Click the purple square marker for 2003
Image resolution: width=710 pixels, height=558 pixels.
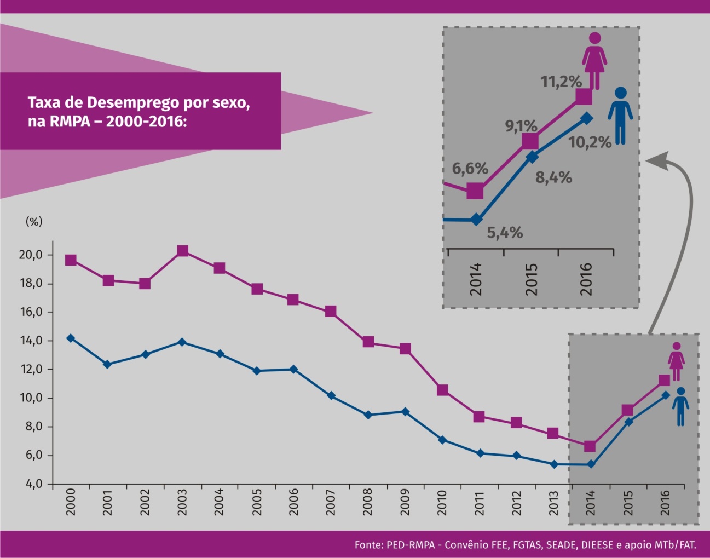pos(182,251)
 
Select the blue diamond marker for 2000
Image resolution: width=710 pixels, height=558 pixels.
pos(71,338)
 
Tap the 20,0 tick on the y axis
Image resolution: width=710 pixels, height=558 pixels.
pos(31,255)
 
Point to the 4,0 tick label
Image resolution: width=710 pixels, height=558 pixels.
pos(31,484)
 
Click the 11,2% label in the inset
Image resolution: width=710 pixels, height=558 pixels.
pos(561,82)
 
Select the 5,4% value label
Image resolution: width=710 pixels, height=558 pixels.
pos(505,233)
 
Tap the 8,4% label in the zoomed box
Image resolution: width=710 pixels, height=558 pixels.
pos(553,177)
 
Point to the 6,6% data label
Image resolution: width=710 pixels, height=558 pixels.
pos(470,169)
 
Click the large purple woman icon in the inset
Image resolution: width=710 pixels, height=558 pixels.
pos(594,60)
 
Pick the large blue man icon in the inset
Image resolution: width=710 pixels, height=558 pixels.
pos(620,116)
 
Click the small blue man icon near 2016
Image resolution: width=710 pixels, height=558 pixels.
pos(680,406)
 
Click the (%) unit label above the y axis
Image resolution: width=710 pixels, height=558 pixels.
pos(34,222)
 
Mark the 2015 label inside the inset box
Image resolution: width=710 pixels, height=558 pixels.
pos(531,279)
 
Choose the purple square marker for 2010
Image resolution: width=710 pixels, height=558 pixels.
pos(442,390)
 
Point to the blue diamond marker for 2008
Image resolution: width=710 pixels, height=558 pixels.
pos(368,415)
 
